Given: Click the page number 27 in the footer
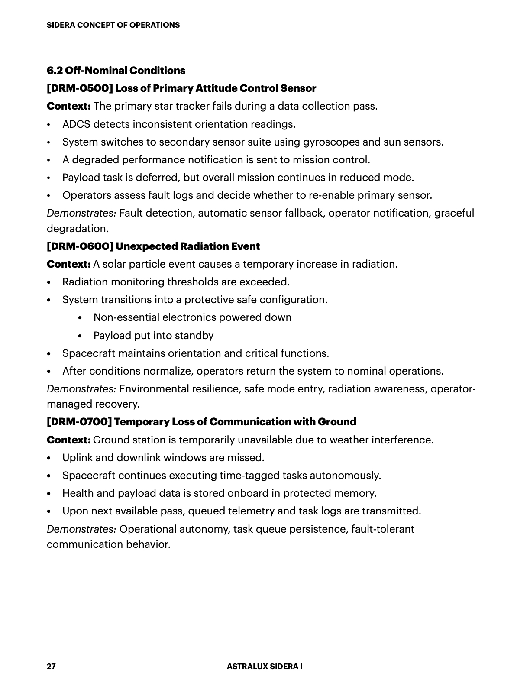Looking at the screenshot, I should (51, 667).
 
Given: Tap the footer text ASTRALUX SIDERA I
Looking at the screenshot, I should (265, 667).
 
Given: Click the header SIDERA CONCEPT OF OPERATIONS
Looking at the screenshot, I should (113, 25).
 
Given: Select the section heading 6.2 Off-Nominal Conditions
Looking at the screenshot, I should (116, 71).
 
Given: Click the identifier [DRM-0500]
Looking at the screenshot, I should (80, 88).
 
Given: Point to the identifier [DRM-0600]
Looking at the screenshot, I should (80, 246).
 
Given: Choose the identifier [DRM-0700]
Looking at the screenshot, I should (79, 422).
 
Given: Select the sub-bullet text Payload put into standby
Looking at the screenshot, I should (153, 336).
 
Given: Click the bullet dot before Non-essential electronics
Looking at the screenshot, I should (80, 318).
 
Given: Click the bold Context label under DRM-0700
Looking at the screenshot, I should (68, 440).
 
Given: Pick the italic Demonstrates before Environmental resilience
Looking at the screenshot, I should (81, 389).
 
